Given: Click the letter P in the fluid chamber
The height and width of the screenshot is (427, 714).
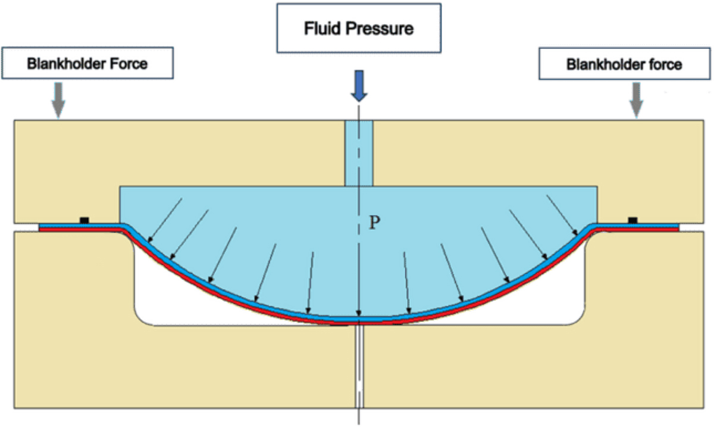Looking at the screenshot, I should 374,223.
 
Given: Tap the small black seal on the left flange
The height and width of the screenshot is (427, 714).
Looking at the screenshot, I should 84,220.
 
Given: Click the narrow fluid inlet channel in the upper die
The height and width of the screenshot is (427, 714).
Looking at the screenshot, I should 359,152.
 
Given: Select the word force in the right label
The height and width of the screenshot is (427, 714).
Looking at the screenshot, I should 667,64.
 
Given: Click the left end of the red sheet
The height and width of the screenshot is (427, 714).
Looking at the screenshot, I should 40,229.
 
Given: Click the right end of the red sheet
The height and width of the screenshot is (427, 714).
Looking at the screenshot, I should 677,229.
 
